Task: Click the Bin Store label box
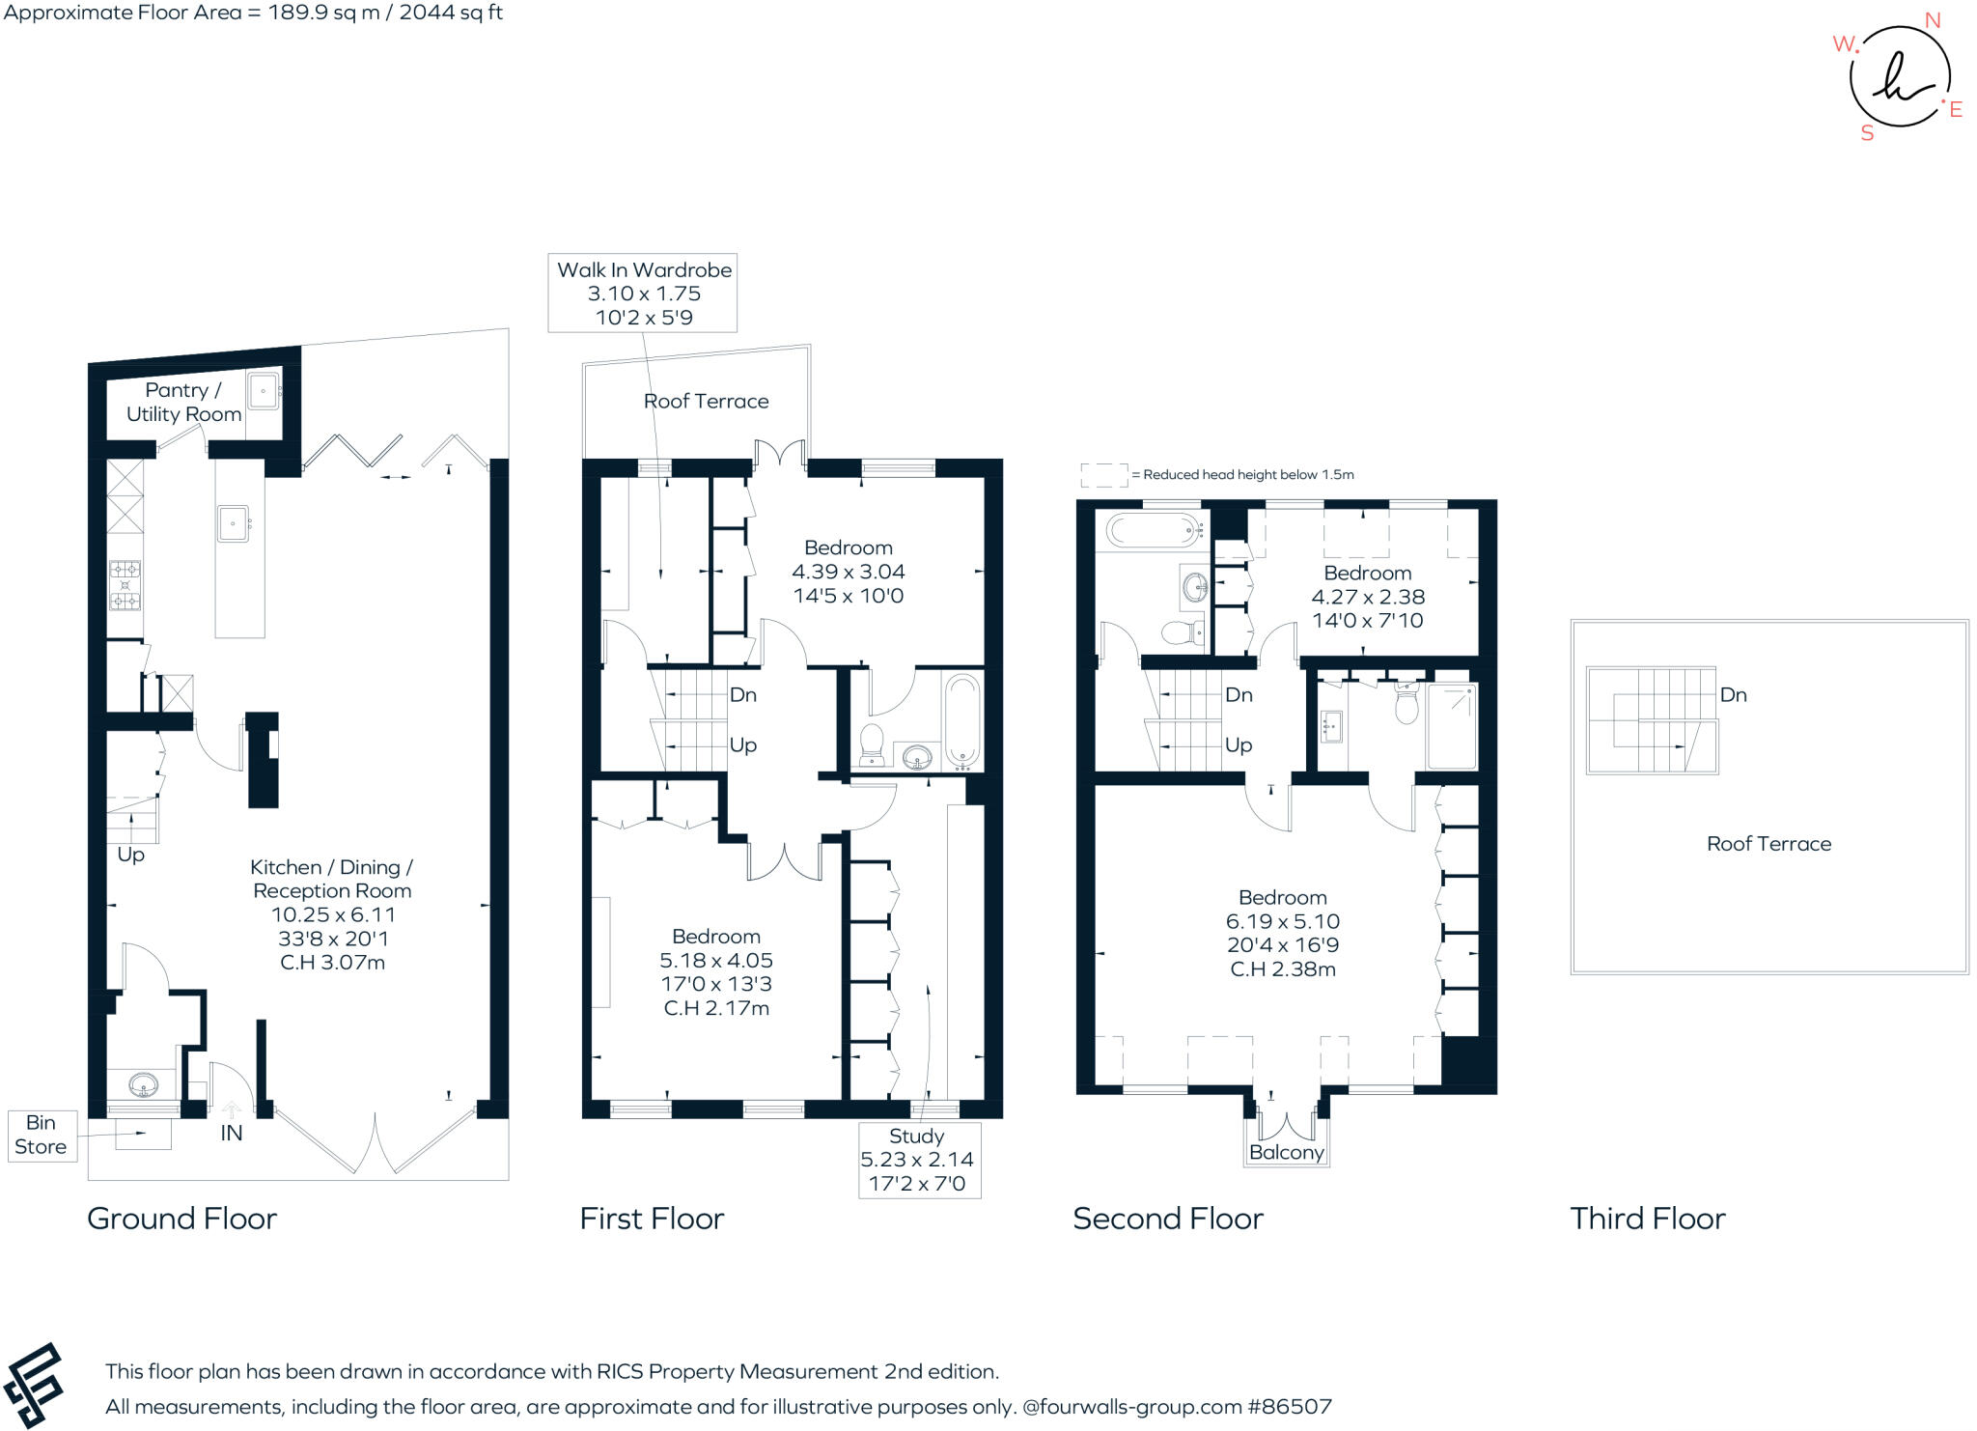[42, 1135]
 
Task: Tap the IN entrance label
[232, 1134]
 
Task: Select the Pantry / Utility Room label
[183, 402]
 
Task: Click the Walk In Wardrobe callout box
[643, 293]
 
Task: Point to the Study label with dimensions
[919, 1160]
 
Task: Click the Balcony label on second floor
[1286, 1152]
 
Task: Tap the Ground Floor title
[181, 1219]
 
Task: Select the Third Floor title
[1648, 1219]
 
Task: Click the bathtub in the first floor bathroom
[961, 721]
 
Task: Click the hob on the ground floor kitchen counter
[125, 585]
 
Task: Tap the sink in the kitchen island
[234, 523]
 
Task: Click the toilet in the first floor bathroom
[872, 744]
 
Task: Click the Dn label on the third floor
[1733, 695]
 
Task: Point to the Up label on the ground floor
[130, 856]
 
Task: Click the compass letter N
[1932, 21]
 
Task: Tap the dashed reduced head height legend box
[1104, 475]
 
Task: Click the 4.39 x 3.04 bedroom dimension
[848, 572]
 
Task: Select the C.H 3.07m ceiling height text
[332, 963]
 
